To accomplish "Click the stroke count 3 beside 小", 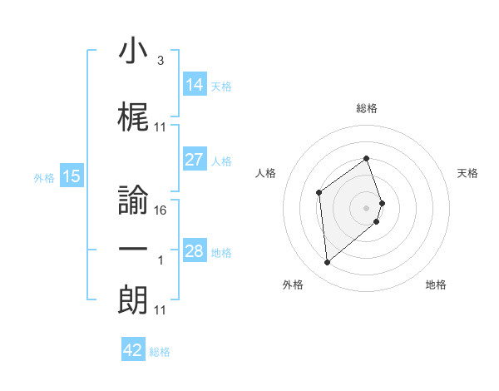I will click(x=160, y=60).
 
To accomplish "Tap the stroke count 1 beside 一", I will click(x=161, y=260).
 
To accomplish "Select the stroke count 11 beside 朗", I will click(x=161, y=310).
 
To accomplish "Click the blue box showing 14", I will click(x=195, y=84).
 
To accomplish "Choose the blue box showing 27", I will click(x=195, y=160).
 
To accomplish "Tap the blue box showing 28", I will click(x=195, y=251).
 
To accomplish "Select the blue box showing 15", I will click(x=72, y=176).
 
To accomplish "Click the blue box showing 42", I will click(x=133, y=350).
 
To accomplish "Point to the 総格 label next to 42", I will click(x=160, y=352).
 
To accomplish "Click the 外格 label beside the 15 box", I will click(x=44, y=177).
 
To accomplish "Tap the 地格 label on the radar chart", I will click(x=436, y=285).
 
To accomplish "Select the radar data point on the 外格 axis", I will click(x=328, y=263).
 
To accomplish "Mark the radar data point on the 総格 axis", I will click(x=367, y=159).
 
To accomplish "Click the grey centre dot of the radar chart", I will click(x=367, y=207).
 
